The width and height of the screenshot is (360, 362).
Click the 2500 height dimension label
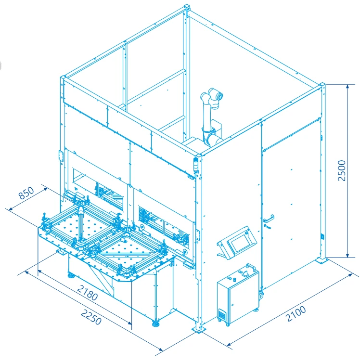tap(342, 170)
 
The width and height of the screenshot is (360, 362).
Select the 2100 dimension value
tap(296, 313)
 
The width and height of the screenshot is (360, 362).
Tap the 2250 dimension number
tap(91, 317)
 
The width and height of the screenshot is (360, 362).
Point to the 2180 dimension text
tap(88, 292)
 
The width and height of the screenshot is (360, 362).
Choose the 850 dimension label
tap(26, 193)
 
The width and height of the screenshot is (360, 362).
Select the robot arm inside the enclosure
tap(212, 116)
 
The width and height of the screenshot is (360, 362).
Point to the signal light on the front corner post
tap(196, 165)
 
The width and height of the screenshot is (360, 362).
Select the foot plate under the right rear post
tap(321, 260)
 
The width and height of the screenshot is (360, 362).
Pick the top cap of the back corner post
tap(187, 6)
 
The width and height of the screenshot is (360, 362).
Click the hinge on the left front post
tap(61, 155)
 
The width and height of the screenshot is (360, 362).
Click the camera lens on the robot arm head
tap(220, 96)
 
